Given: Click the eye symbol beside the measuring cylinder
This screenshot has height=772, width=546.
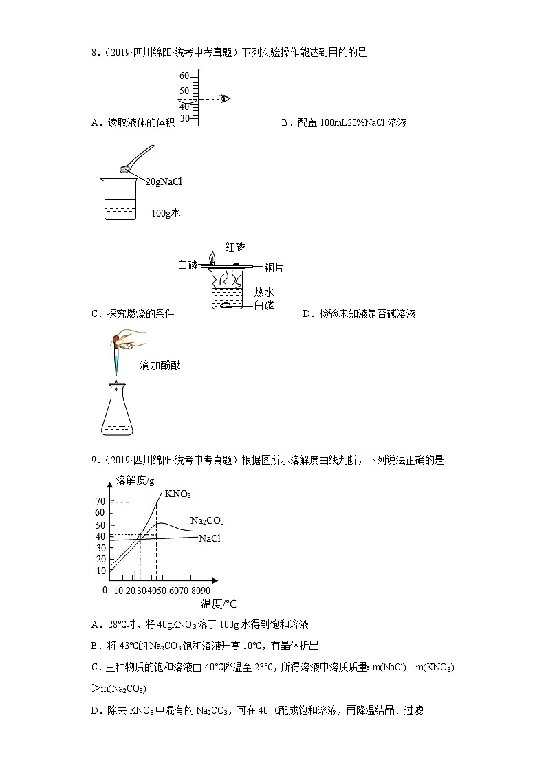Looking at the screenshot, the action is point(225,98).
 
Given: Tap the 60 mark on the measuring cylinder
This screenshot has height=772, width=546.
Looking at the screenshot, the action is point(184,76).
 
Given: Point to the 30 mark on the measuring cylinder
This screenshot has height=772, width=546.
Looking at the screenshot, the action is point(184,118).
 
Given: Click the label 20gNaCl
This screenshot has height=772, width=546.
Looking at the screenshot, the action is point(163,181).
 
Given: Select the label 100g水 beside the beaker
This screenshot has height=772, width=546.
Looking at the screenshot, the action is point(166,213).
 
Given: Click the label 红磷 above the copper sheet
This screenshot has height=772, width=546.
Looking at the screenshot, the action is point(235,247).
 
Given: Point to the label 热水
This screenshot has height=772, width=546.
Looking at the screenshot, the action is point(264,292).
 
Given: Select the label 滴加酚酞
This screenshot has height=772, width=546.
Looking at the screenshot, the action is point(160,366).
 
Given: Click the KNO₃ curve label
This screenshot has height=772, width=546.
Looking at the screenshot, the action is point(177,494).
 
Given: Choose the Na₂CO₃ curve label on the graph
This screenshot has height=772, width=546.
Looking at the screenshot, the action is point(207,521).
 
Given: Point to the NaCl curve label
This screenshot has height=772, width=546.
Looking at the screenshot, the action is point(210,538).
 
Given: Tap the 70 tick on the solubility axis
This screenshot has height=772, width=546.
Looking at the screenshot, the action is point(100,501).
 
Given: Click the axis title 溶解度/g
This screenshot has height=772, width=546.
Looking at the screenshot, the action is point(135,479).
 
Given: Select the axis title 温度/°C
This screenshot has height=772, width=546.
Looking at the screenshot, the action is point(218,604).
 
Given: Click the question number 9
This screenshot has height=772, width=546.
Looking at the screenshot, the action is point(94,461).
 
